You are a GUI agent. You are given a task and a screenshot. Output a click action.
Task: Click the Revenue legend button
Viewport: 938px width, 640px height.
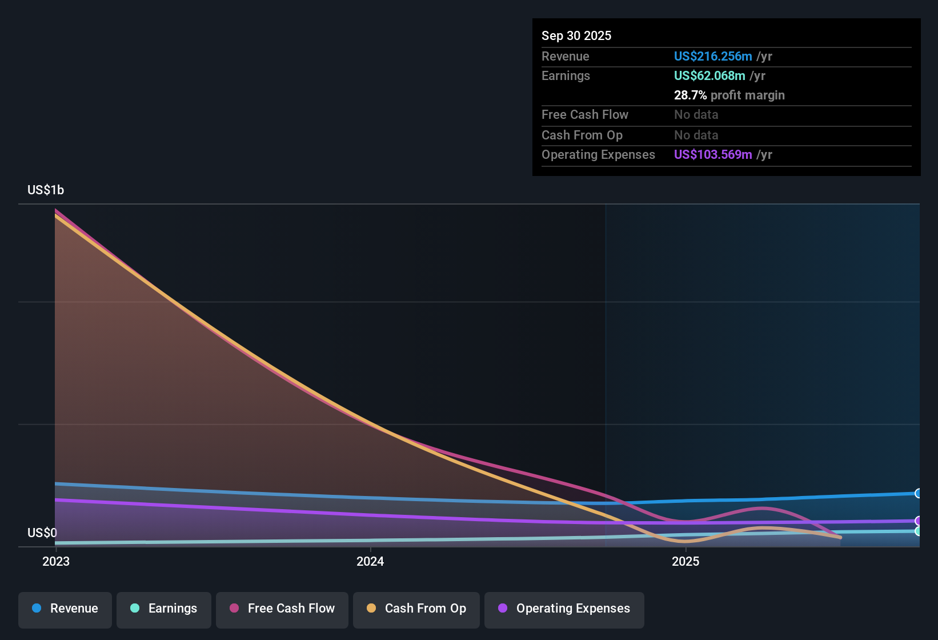click(65, 609)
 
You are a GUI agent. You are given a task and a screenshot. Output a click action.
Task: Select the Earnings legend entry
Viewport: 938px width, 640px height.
click(164, 609)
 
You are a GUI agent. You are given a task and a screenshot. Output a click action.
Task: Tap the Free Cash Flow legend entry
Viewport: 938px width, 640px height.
click(282, 609)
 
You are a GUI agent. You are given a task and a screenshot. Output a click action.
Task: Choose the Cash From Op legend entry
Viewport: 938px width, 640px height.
click(416, 609)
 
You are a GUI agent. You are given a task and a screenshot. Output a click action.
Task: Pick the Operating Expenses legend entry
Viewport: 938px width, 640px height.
click(564, 609)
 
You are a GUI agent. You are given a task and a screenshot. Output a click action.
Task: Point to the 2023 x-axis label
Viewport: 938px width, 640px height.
click(56, 561)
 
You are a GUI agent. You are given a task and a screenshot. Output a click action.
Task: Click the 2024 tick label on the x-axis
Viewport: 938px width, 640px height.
click(370, 561)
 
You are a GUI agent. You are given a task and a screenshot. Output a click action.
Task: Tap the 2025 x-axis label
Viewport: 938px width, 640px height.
click(686, 561)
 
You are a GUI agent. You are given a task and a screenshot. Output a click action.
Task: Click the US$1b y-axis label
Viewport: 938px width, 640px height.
click(46, 190)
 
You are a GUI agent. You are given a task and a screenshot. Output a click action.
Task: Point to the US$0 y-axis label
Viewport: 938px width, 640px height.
click(42, 533)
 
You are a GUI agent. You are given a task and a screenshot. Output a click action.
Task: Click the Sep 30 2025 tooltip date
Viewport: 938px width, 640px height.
click(576, 36)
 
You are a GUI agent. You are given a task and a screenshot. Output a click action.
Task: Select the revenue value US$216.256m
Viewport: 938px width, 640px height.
click(713, 57)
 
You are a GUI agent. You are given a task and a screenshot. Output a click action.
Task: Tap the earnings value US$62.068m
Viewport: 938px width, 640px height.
click(709, 76)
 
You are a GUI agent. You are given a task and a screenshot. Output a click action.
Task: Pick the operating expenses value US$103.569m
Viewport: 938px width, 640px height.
click(713, 155)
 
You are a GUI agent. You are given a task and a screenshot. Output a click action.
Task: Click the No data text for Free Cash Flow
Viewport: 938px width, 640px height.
click(696, 115)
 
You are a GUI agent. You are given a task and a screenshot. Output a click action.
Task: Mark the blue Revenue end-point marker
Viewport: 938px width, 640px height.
click(918, 493)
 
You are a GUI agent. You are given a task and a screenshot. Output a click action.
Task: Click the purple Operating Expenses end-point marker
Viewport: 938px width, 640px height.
click(918, 521)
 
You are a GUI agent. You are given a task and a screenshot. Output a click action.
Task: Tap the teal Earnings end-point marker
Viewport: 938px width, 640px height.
click(918, 531)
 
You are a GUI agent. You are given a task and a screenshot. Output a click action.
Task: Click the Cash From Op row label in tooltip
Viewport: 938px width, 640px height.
click(582, 135)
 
